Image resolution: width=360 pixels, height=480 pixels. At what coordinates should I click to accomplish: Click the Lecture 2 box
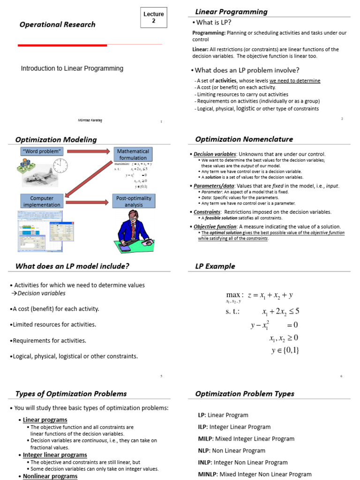tap(153, 18)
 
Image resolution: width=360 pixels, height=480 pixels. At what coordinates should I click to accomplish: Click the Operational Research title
tap(57, 25)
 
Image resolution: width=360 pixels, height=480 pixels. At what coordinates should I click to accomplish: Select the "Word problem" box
tap(42, 151)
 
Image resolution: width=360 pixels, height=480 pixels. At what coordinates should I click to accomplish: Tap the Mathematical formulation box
tap(133, 155)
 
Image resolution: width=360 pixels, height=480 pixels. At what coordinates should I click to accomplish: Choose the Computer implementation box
tap(42, 202)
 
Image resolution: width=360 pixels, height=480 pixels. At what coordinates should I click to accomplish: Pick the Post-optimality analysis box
tap(134, 202)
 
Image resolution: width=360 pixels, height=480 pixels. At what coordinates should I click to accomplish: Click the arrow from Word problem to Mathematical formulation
tap(89, 151)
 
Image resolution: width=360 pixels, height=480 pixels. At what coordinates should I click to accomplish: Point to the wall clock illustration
tap(60, 165)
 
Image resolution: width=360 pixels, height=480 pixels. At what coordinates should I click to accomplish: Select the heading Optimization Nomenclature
tap(244, 139)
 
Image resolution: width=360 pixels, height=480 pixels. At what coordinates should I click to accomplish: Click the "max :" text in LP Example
tap(234, 295)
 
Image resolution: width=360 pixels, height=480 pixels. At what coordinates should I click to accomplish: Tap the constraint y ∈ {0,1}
tap(285, 350)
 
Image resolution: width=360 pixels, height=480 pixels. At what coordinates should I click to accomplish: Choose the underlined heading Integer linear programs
tap(55, 455)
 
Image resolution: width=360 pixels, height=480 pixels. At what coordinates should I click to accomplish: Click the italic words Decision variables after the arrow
tap(41, 293)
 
